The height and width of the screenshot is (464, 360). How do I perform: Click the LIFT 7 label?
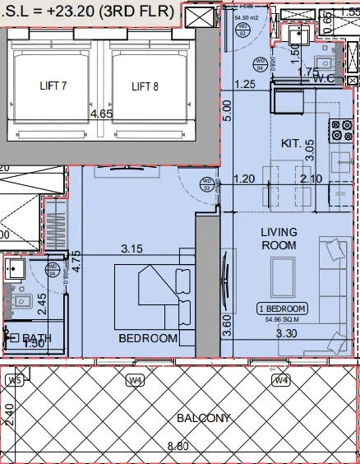click(58, 86)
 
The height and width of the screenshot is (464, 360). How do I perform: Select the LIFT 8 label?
click(150, 86)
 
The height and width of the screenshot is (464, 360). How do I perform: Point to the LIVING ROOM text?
click(279, 239)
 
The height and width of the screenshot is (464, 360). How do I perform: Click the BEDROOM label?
click(148, 338)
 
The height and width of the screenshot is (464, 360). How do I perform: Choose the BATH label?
click(37, 338)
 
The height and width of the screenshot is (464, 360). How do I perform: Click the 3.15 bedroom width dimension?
click(132, 247)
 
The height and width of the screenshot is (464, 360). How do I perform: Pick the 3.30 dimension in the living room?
click(285, 334)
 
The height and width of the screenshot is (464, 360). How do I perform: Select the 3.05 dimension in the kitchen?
click(309, 149)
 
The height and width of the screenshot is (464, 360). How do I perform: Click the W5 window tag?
click(14, 380)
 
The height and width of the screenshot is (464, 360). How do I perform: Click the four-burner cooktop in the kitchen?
click(339, 129)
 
